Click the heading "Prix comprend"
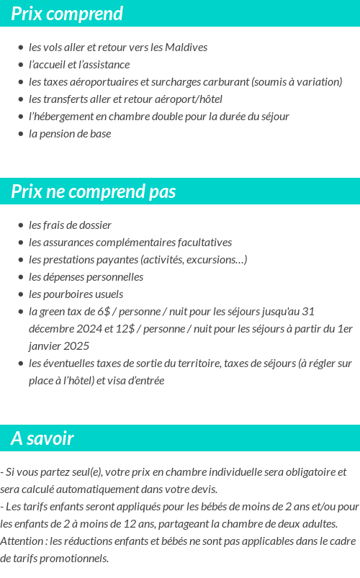click(x=67, y=14)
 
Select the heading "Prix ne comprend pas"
click(x=94, y=192)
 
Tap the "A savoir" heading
click(x=42, y=438)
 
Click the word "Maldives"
click(x=186, y=48)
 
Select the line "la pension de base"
click(x=70, y=134)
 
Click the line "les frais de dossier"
click(x=70, y=225)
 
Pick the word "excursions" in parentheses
click(x=213, y=260)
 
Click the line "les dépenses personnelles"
click(x=86, y=277)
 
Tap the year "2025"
click(x=75, y=346)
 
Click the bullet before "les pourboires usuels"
click(x=21, y=294)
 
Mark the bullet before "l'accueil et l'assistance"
click(x=21, y=65)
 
